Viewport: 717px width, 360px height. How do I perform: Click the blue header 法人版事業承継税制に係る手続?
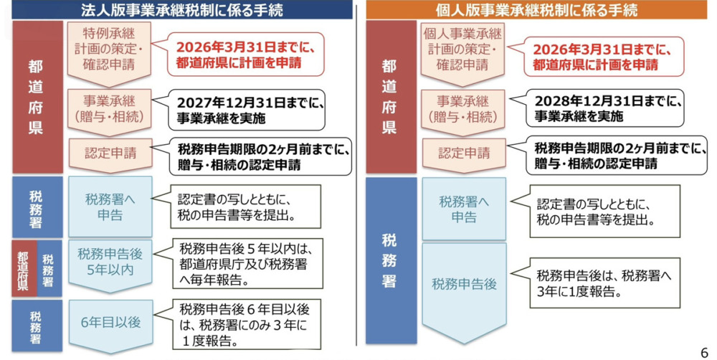182,9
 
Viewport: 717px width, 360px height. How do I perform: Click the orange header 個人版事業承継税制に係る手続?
536,9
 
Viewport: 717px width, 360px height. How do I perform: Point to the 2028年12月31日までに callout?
604,108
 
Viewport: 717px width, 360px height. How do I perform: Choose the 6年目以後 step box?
110,324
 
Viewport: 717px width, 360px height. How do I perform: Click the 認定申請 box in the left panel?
110,155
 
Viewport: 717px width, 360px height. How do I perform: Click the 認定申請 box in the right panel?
464,155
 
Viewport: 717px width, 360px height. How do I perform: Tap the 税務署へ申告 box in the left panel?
110,207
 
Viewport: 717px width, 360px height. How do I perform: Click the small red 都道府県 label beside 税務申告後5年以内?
24,268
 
